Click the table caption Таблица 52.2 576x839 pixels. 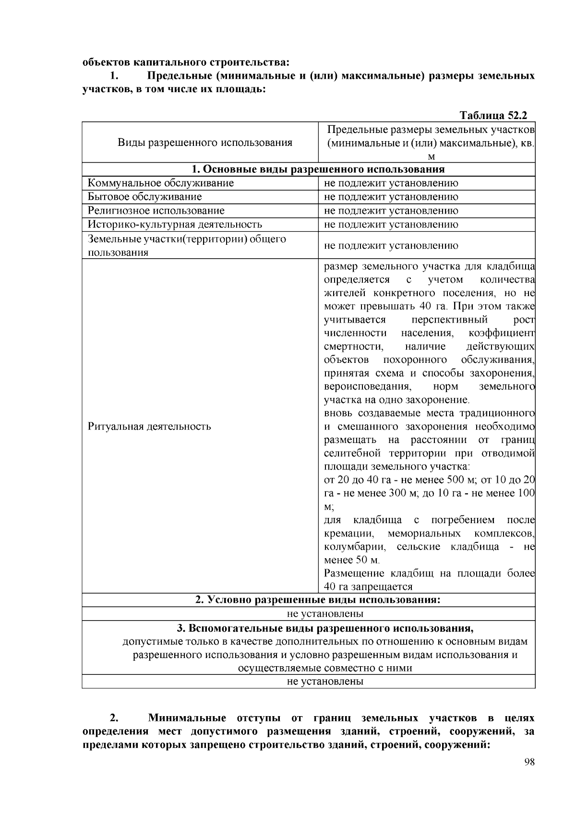point(493,116)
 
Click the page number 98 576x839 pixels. point(529,763)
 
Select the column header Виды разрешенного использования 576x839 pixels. point(205,143)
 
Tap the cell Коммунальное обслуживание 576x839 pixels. point(161,183)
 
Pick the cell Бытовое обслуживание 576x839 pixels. point(144,197)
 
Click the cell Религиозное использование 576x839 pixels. point(156,211)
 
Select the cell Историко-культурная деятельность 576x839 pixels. point(175,224)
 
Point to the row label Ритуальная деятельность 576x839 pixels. point(149,426)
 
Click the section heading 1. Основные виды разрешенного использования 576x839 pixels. point(318,169)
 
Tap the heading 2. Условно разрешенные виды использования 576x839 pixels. point(318,600)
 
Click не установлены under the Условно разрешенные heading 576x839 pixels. point(325,614)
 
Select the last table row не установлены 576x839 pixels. point(325,682)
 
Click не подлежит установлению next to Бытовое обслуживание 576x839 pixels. point(391,197)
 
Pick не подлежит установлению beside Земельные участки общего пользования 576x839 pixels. point(391,246)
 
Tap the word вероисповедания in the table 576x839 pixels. point(367,386)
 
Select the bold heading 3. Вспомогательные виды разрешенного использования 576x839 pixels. point(325,628)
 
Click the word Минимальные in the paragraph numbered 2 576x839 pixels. point(187,718)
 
